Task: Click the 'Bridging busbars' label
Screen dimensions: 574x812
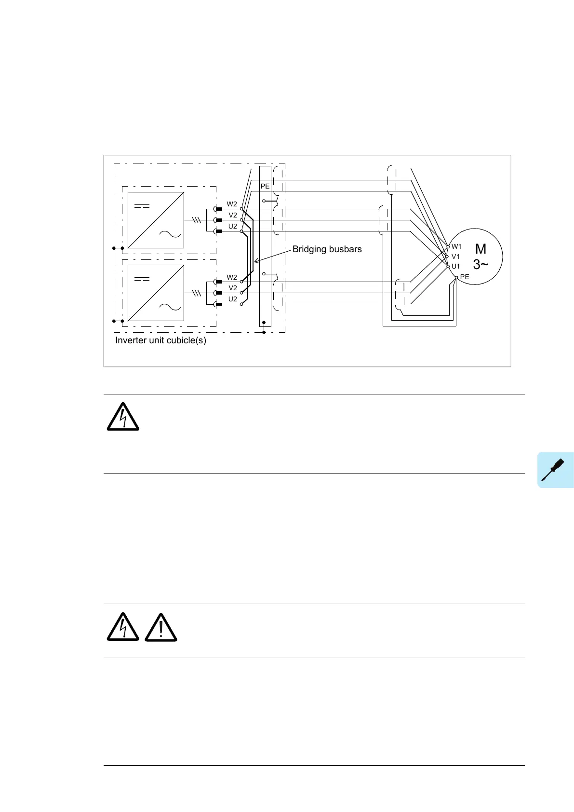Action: pyautogui.click(x=327, y=249)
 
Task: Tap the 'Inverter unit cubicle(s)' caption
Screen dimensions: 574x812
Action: pyautogui.click(x=160, y=340)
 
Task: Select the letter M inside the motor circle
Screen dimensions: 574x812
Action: pyautogui.click(x=481, y=249)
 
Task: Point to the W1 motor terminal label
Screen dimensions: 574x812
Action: pyautogui.click(x=456, y=246)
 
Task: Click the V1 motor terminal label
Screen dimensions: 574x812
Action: pyautogui.click(x=455, y=257)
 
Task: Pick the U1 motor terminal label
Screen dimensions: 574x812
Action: pyautogui.click(x=455, y=266)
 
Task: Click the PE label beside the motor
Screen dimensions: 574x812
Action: pyautogui.click(x=465, y=277)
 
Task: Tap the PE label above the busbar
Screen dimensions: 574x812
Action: pyautogui.click(x=265, y=186)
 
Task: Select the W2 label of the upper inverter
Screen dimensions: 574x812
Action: pyautogui.click(x=232, y=204)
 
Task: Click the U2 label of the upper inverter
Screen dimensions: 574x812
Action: pyautogui.click(x=233, y=226)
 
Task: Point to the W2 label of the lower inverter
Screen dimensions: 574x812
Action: pyautogui.click(x=232, y=277)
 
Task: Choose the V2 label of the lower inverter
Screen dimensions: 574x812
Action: pyautogui.click(x=233, y=288)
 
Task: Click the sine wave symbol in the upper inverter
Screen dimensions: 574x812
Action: pyautogui.click(x=170, y=234)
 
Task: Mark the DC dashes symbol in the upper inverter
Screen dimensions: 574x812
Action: pyautogui.click(x=142, y=206)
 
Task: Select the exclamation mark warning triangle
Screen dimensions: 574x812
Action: pyautogui.click(x=161, y=627)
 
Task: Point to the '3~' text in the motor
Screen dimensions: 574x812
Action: pyautogui.click(x=481, y=264)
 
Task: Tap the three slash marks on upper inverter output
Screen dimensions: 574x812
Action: pyautogui.click(x=196, y=220)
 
